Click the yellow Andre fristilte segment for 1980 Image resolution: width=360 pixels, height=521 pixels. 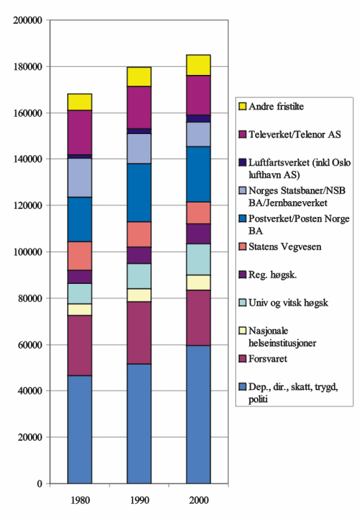tap(79, 102)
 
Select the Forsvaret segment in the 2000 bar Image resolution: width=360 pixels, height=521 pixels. tap(199, 318)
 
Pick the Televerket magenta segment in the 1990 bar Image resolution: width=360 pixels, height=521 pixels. tap(139, 107)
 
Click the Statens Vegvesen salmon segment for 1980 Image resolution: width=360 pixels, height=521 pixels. tap(79, 256)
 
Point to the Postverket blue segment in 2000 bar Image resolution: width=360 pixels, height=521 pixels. tap(199, 174)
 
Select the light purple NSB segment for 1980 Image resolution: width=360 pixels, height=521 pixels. tap(79, 177)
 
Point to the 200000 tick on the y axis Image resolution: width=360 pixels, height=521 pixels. tap(27, 20)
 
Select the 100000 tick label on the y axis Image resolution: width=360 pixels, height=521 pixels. tap(27, 251)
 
